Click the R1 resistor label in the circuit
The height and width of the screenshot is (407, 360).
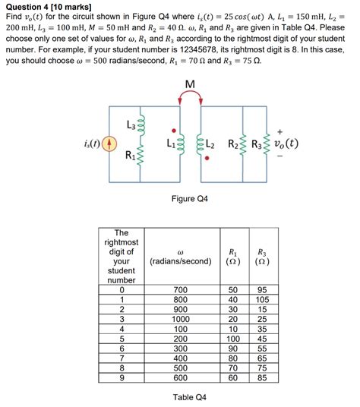pyautogui.click(x=131, y=157)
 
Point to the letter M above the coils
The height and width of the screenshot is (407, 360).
pyautogui.click(x=189, y=83)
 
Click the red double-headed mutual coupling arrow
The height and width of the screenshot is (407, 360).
pyautogui.click(x=189, y=96)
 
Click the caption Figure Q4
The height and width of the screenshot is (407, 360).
pyautogui.click(x=189, y=199)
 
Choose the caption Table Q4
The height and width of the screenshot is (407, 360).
pyautogui.click(x=189, y=397)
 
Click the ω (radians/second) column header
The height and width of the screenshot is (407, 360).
pyautogui.click(x=180, y=255)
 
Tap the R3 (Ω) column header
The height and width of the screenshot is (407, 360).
pyautogui.click(x=262, y=255)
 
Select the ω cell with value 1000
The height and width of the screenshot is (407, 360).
pyautogui.click(x=180, y=320)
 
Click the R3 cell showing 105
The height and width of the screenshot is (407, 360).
pyautogui.click(x=262, y=300)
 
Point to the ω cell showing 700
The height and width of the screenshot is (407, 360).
pyautogui.click(x=180, y=290)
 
